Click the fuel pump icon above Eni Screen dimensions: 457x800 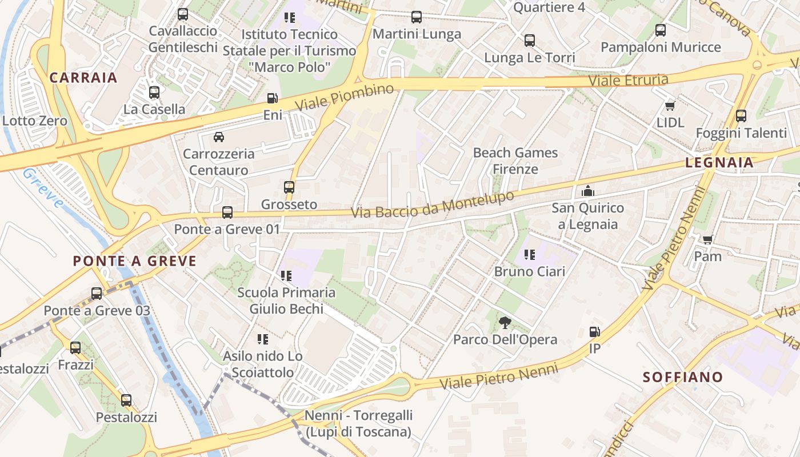tap(272, 98)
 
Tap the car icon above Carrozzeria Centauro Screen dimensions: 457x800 tap(218, 137)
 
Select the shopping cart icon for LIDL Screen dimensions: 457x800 tap(670, 106)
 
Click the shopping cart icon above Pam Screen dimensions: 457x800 tap(707, 239)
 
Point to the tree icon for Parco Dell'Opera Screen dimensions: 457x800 tap(505, 323)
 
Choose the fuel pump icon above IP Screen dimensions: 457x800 tap(594, 331)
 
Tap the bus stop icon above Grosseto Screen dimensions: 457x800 tap(289, 187)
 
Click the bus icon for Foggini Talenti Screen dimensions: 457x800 tap(741, 116)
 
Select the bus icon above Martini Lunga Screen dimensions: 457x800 tap(417, 17)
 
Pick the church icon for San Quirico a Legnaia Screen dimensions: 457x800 tap(587, 191)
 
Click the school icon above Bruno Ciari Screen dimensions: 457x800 tap(529, 254)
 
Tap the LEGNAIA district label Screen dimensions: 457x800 tap(719, 163)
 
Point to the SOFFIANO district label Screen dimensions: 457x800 tap(683, 377)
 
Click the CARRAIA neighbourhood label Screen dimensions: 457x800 tap(83, 78)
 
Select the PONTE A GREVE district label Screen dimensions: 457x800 tap(135, 262)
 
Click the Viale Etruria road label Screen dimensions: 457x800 tap(628, 79)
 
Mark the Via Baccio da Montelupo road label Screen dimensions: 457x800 tap(433, 205)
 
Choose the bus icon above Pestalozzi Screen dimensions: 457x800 tap(126, 400)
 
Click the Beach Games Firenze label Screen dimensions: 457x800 tap(515, 161)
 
